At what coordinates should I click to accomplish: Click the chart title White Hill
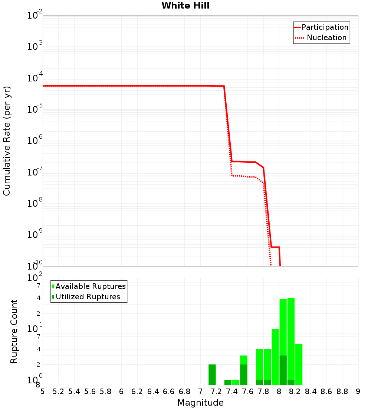tap(185, 6)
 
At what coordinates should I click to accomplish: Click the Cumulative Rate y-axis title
tap(7, 141)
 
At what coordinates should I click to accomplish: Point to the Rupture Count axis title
tap(14, 331)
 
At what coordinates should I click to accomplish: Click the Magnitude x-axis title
tap(200, 403)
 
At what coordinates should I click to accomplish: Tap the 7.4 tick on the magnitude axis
tap(232, 392)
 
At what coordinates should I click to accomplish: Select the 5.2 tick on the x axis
tap(58, 392)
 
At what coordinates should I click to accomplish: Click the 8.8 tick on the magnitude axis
tap(342, 392)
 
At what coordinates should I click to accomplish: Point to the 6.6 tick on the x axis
tap(169, 392)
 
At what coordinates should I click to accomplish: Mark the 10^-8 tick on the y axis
tap(35, 203)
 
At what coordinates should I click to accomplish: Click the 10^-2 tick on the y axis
tap(35, 16)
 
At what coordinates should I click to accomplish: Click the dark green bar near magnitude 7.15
tap(212, 374)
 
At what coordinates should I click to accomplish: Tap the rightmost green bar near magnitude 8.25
tap(299, 364)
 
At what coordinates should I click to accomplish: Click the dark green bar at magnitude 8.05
tap(283, 370)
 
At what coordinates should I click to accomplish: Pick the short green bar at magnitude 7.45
tap(236, 382)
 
